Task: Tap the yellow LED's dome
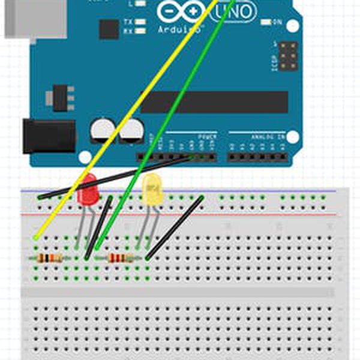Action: [x=152, y=190]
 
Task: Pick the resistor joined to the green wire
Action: [x=120, y=259]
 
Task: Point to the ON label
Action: [x=277, y=22]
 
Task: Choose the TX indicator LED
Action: [x=140, y=22]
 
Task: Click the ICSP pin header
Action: [x=289, y=56]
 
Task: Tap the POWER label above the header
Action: [x=208, y=137]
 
